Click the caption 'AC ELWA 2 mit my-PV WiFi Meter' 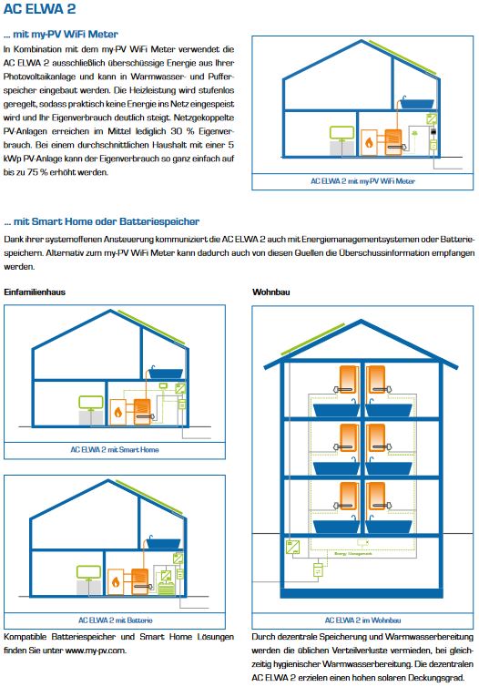click(x=362, y=181)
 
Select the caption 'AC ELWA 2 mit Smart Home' click(x=114, y=448)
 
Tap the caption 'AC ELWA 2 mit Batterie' click(x=114, y=619)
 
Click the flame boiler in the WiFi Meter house click(x=368, y=141)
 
